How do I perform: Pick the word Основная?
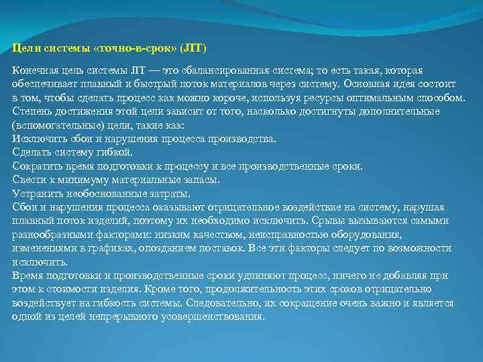pyautogui.click(x=367, y=84)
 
